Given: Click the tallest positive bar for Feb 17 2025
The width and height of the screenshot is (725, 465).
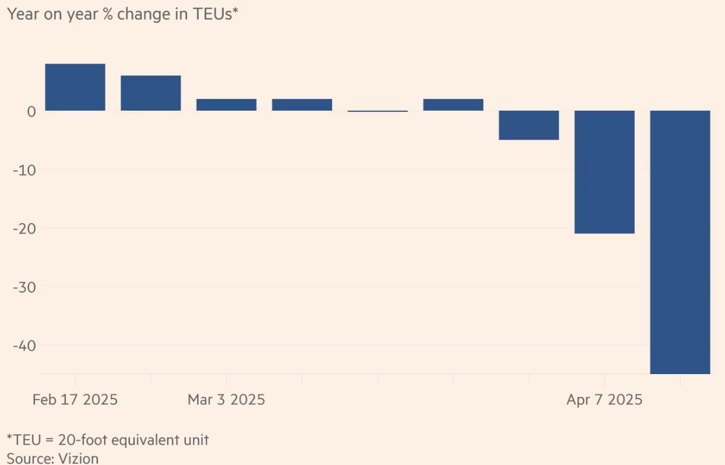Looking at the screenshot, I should (x=75, y=87).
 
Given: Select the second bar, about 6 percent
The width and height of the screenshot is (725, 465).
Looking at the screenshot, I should (x=150, y=93).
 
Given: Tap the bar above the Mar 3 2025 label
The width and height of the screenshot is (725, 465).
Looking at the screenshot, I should (x=226, y=105).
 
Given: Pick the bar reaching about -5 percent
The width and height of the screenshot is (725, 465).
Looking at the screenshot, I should (x=529, y=125).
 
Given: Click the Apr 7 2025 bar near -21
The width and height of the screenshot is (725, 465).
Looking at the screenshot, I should (x=604, y=172).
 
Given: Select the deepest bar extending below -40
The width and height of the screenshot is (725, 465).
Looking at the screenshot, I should (x=680, y=242).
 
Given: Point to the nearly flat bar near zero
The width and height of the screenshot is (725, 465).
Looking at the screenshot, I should (x=378, y=111).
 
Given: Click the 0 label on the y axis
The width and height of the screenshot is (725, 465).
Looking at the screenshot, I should (x=31, y=111).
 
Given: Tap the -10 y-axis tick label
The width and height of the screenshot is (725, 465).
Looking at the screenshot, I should (x=24, y=170).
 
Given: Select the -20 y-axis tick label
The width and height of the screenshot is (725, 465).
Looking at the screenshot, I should (x=24, y=228).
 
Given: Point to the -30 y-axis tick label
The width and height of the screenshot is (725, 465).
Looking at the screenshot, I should (x=24, y=287).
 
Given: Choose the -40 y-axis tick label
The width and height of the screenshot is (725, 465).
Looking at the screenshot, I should (x=24, y=346).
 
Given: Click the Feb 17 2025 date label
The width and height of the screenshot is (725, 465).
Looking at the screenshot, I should (x=75, y=400).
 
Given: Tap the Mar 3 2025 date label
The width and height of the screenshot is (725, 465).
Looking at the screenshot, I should (x=226, y=400).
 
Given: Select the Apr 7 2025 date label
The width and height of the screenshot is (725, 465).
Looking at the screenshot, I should (x=604, y=400).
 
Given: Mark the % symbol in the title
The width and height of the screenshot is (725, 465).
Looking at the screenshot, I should (x=108, y=14).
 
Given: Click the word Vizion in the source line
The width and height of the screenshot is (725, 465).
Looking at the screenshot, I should (x=79, y=458).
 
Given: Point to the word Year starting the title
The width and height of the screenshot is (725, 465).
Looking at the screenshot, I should (x=21, y=14).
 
